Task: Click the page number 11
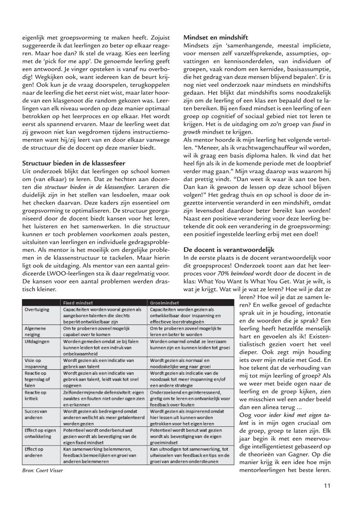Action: (327, 499)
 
